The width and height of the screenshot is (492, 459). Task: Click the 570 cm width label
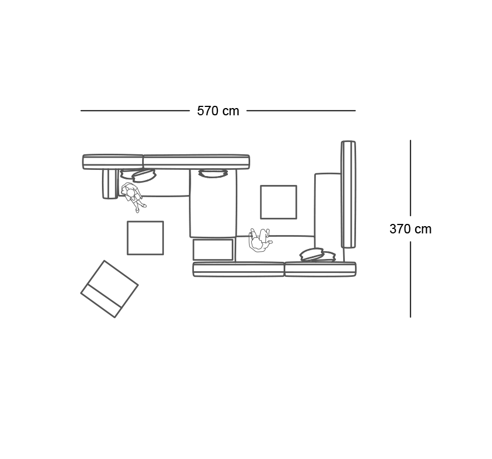tap(218, 111)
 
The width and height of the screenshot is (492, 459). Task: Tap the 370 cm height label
tap(411, 229)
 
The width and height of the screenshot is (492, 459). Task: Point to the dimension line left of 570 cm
tap(135, 110)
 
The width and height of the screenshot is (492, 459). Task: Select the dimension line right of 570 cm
tap(301, 110)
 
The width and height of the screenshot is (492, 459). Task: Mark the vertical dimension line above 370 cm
tap(411, 178)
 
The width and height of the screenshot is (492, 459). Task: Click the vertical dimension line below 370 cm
tap(411, 279)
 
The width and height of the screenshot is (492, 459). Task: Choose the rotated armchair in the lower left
tap(110, 289)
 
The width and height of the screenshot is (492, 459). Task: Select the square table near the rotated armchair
tap(145, 238)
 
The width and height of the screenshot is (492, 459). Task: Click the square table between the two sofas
tap(279, 202)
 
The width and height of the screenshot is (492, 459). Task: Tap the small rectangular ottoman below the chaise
tap(213, 250)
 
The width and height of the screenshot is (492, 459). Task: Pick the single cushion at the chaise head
tap(213, 173)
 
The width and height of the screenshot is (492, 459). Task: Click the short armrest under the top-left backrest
tap(110, 184)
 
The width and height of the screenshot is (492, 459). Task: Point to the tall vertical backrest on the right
tap(348, 194)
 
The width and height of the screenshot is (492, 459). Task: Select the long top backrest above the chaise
tap(197, 162)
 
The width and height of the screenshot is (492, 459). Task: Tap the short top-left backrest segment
tap(113, 162)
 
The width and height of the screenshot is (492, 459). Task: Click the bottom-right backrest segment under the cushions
tap(320, 270)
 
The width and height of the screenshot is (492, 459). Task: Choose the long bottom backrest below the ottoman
tap(238, 270)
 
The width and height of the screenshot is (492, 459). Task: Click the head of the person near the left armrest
tap(130, 192)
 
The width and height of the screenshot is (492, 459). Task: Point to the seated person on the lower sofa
tap(260, 240)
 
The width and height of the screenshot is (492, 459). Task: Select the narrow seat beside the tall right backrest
tap(328, 217)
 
